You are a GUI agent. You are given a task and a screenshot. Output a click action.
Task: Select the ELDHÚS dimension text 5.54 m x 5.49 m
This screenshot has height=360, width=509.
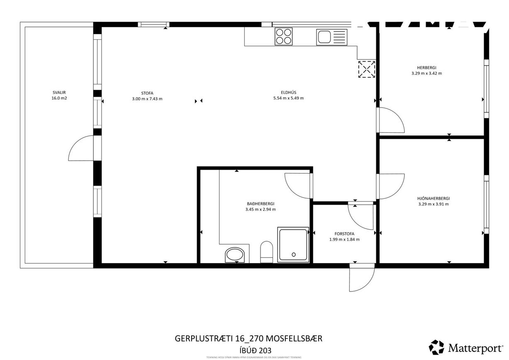coord(288,98)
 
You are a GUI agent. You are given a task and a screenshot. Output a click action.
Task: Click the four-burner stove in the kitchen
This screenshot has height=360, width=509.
coord(284,36)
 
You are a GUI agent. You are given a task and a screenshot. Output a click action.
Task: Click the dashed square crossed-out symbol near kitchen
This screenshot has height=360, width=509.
coord(367,69)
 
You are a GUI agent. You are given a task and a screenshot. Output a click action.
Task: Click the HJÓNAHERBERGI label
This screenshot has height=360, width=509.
coord(434,198)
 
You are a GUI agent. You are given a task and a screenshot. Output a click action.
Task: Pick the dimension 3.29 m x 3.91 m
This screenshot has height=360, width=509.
coord(434,204)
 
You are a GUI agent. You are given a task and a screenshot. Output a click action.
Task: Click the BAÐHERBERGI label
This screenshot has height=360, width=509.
coord(261,204)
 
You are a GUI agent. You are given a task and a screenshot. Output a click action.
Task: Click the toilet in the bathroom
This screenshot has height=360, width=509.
coord(266,252)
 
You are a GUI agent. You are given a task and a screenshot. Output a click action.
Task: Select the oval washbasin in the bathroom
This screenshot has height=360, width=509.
coord(235,255)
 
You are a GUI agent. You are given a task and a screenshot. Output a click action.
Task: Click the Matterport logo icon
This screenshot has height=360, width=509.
coord(436,347)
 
